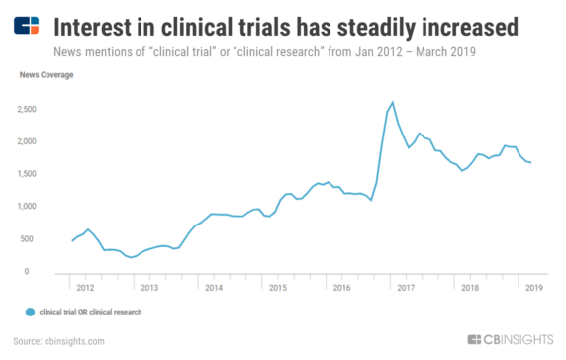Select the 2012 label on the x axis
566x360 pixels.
(86, 288)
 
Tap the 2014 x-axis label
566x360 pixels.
(213, 288)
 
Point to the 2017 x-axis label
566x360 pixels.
(406, 288)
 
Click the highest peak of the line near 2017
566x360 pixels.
(393, 102)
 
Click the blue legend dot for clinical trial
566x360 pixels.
(31, 312)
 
